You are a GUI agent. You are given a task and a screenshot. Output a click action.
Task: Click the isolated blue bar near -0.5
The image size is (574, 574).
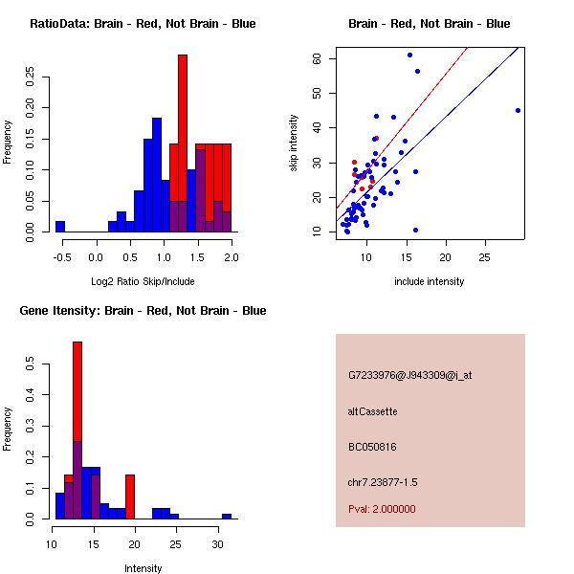click(x=59, y=227)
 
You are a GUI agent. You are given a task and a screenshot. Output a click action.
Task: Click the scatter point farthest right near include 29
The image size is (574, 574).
click(x=518, y=110)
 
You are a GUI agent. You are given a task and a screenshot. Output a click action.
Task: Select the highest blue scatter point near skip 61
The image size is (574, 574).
click(x=409, y=55)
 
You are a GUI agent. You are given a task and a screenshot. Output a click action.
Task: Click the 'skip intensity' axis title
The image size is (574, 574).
click(x=294, y=143)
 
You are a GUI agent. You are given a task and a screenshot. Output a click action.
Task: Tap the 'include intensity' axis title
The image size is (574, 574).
click(x=429, y=281)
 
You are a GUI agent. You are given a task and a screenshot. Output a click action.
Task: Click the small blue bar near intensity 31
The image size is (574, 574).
click(x=227, y=516)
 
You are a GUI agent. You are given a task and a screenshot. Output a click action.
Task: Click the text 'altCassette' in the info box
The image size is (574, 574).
click(x=373, y=411)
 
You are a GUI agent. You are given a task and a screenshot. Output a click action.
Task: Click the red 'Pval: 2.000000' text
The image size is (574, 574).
click(x=382, y=509)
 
